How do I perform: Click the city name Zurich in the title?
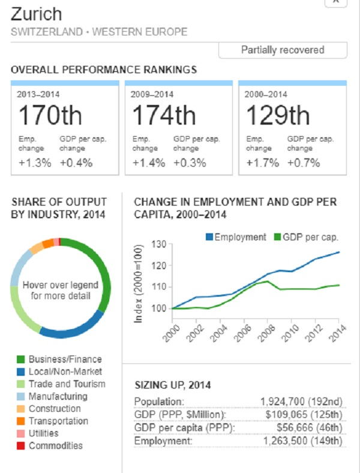coord(36,14)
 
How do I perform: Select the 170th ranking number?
coord(50,115)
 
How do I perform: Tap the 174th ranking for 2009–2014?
coord(164,115)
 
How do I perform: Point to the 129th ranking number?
coord(277,115)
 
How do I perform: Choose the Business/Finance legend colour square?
coord(20,360)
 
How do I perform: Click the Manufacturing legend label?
coord(58,396)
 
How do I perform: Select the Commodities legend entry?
coord(55,445)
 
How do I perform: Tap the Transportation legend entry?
coord(58,421)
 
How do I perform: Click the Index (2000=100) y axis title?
coord(139,284)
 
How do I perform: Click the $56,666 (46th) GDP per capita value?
coord(309,427)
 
